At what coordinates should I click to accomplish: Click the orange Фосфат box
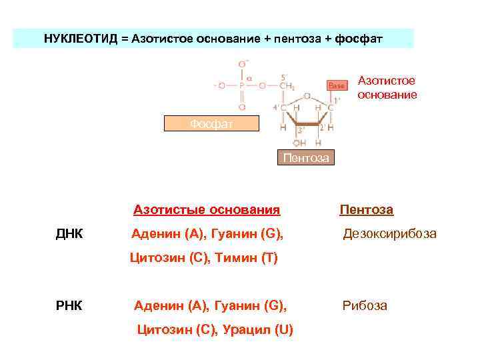click(x=211, y=123)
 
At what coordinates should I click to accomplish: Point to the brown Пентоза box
click(x=305, y=157)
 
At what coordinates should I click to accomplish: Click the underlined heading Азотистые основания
click(x=206, y=210)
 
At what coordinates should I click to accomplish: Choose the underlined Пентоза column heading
click(x=366, y=210)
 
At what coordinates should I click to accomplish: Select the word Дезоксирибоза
click(x=389, y=234)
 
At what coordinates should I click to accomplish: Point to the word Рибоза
click(x=365, y=306)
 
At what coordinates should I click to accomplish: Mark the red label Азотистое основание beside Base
click(x=387, y=87)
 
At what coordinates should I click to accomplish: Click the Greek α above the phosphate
click(x=249, y=77)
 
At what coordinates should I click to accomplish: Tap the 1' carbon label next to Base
click(x=337, y=101)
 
